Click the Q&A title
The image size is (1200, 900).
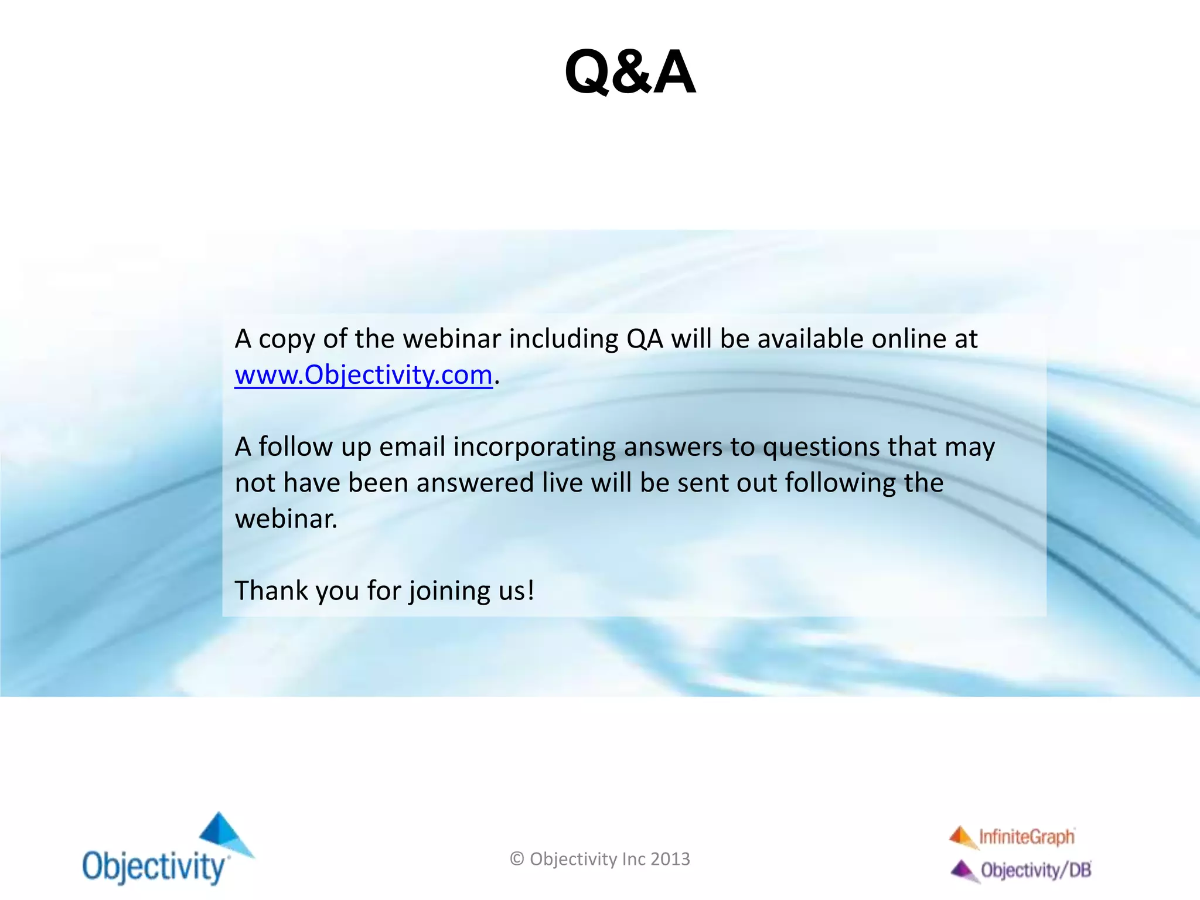[x=630, y=73]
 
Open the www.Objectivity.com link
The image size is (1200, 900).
[x=363, y=375]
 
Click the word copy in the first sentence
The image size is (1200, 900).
[x=287, y=340]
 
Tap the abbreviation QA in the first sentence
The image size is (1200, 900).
[x=645, y=339]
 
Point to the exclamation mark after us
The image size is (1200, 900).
[x=531, y=590]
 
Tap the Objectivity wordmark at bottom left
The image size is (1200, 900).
[x=154, y=867]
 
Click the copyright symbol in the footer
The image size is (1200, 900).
[x=517, y=859]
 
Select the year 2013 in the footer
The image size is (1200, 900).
[x=670, y=859]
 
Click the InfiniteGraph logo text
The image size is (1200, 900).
[x=1027, y=837]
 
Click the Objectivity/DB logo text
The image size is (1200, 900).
[x=1035, y=870]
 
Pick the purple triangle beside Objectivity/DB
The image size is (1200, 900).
[x=963, y=870]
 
